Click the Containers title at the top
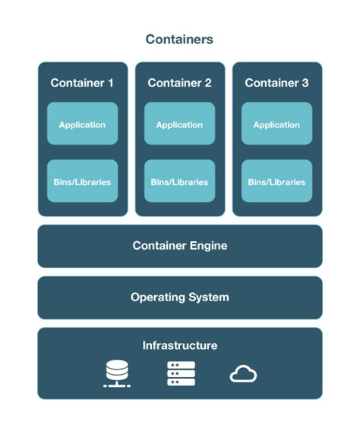(x=179, y=39)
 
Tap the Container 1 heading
(x=82, y=83)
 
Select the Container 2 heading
(x=179, y=83)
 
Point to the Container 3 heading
(x=276, y=83)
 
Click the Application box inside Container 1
(x=82, y=124)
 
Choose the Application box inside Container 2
(x=179, y=124)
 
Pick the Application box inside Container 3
(x=276, y=124)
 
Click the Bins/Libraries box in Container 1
(x=82, y=181)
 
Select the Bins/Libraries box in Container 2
(x=179, y=181)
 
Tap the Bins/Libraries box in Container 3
(x=276, y=181)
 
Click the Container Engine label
(x=179, y=246)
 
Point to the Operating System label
(x=179, y=297)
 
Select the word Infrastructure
(x=179, y=346)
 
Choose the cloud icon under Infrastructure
(x=243, y=374)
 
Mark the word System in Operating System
(x=208, y=297)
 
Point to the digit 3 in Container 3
(x=304, y=83)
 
